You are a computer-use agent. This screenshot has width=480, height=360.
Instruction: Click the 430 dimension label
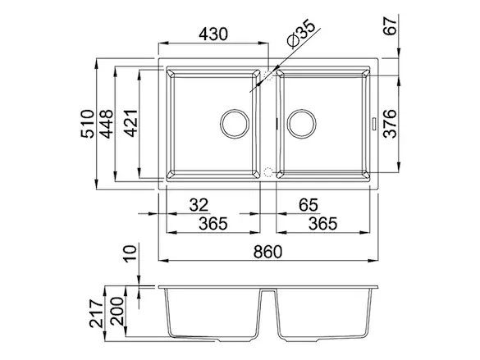[213, 34]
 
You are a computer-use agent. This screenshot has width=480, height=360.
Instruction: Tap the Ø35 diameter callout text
[300, 34]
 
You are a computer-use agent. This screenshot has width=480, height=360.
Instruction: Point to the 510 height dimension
[87, 124]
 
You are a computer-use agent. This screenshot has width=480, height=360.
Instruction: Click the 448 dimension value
[107, 124]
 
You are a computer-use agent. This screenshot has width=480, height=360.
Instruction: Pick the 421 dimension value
[131, 123]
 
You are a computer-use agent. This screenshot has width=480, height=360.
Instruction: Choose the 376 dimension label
[390, 124]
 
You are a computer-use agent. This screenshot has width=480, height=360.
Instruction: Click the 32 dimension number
[199, 205]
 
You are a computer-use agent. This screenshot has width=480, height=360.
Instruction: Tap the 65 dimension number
[309, 205]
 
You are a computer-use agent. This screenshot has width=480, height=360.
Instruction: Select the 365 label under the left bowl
[213, 224]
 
